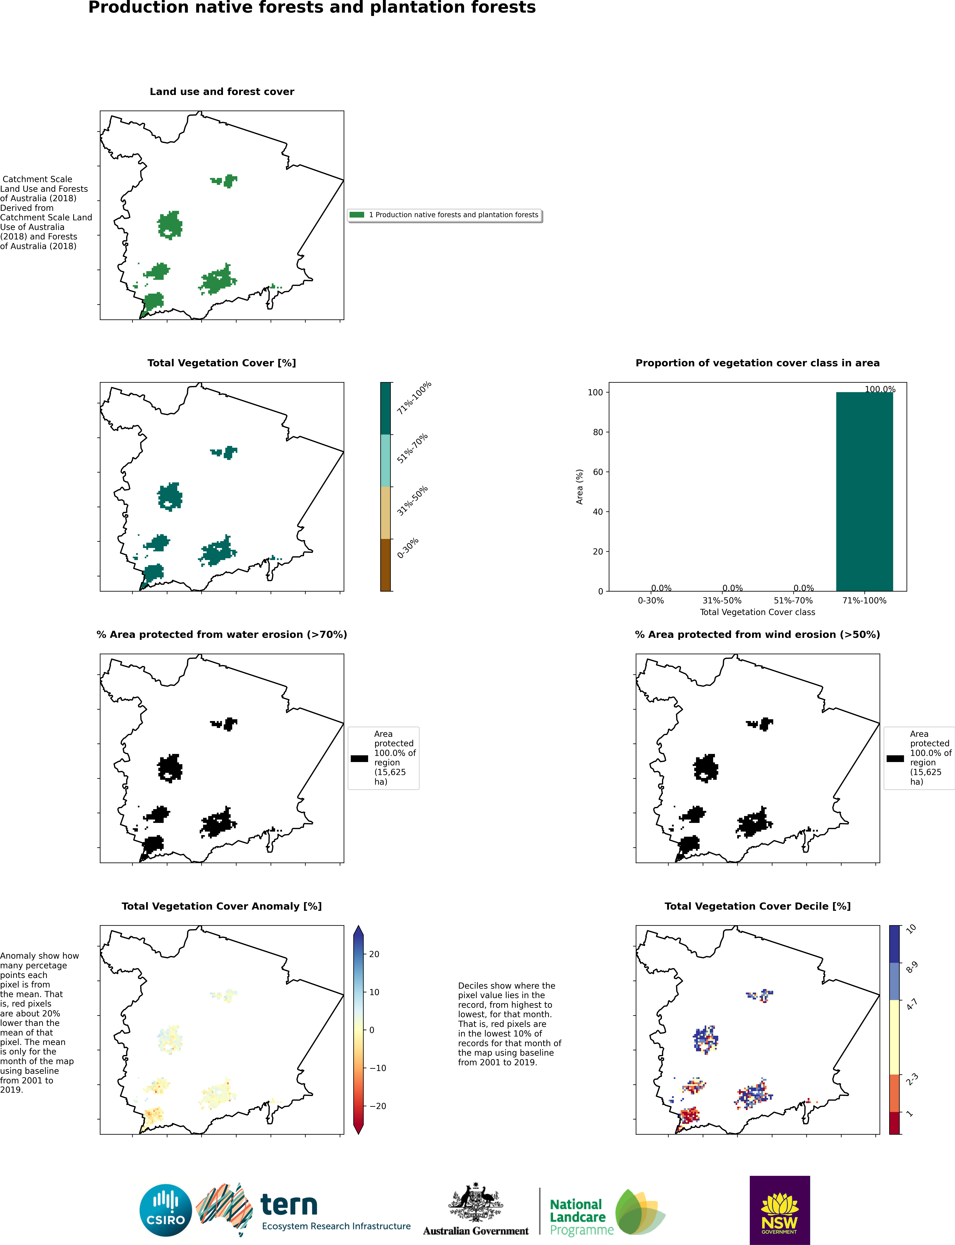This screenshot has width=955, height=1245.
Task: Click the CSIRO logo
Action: [165, 1210]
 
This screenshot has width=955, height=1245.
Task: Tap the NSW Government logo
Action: [779, 1210]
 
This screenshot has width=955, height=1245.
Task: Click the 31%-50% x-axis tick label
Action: [722, 601]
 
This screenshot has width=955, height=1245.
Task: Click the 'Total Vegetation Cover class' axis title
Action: [757, 612]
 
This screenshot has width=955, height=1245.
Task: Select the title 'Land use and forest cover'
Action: [222, 92]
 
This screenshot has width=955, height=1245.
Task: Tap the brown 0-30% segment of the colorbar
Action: [385, 565]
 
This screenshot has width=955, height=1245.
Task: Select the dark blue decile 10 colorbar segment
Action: [894, 944]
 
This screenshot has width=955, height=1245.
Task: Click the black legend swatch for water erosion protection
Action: [359, 758]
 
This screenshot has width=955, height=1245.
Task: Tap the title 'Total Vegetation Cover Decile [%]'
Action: [757, 906]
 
